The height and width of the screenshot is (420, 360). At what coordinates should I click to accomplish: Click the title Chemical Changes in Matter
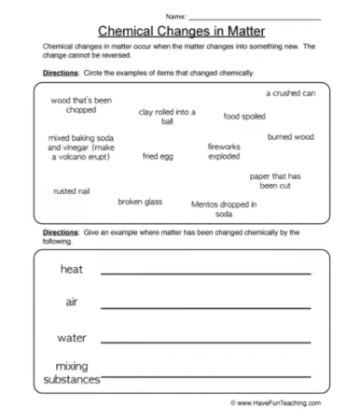click(180, 30)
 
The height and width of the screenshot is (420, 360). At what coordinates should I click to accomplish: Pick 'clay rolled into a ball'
click(167, 117)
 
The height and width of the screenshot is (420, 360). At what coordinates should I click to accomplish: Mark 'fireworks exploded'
click(225, 151)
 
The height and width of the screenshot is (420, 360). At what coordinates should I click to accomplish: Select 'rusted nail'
click(71, 190)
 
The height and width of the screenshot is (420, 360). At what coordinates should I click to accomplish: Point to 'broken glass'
click(142, 201)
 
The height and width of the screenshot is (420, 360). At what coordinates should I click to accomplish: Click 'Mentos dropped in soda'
click(224, 208)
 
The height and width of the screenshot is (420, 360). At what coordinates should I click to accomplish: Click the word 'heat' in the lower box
click(72, 270)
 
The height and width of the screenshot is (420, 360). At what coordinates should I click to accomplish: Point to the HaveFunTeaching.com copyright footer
click(275, 403)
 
